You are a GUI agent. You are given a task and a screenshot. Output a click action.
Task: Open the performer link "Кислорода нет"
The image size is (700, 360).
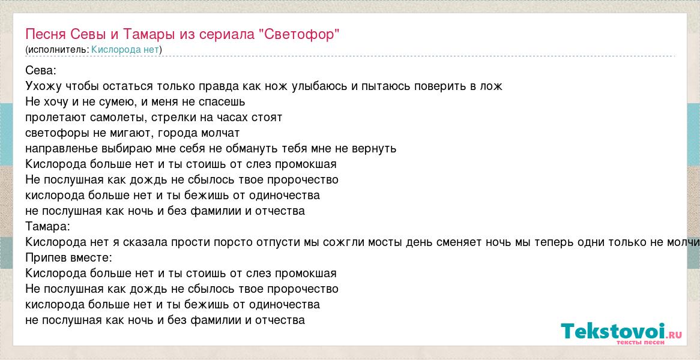pyautogui.click(x=125, y=50)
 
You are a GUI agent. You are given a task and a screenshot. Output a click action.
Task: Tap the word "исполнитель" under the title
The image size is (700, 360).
pyautogui.click(x=58, y=50)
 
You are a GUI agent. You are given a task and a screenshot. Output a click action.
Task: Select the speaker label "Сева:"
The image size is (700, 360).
pyautogui.click(x=41, y=70)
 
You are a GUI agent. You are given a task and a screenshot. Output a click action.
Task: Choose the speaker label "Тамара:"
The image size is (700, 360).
pyautogui.click(x=48, y=227)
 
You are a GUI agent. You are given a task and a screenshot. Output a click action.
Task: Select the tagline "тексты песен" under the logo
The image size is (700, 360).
pyautogui.click(x=641, y=342)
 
